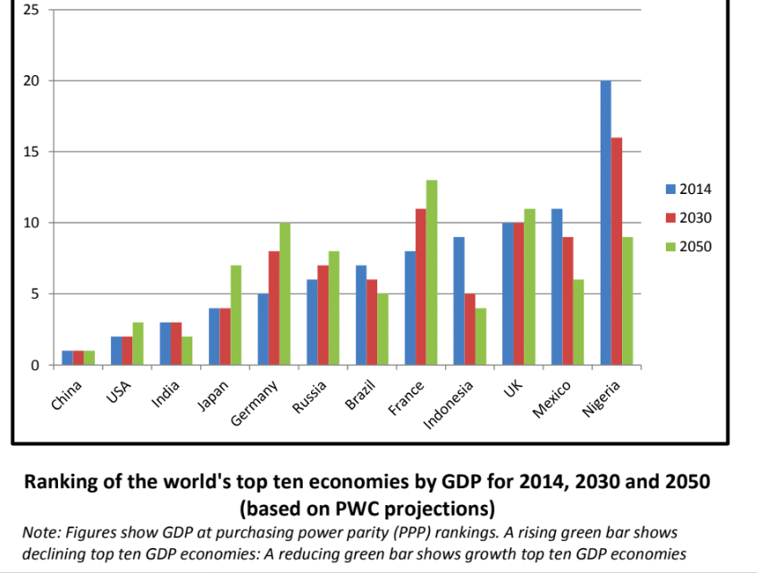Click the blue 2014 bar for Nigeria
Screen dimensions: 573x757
click(x=606, y=223)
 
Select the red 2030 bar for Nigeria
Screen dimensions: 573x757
click(x=617, y=251)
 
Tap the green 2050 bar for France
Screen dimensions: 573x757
click(x=432, y=273)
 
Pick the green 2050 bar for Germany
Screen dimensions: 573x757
click(x=284, y=294)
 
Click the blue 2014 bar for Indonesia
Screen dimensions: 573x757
click(x=458, y=300)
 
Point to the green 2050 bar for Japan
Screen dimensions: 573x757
click(x=236, y=316)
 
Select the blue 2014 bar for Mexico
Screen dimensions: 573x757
click(x=557, y=286)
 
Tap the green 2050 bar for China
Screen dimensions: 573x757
click(x=88, y=358)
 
